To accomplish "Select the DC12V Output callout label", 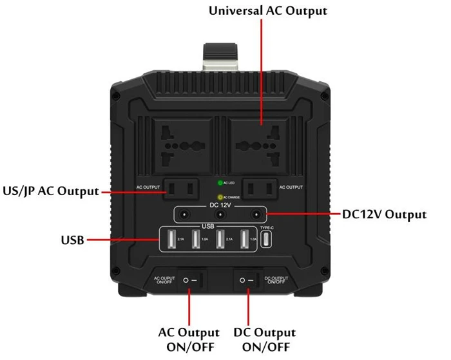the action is tap(384, 214).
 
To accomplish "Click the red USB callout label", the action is tap(72, 240).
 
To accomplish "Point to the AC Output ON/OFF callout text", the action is tap(189, 339).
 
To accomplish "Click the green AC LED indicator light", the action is tap(220, 184).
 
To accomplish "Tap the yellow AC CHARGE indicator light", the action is tap(220, 197).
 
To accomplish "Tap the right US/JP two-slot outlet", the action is tap(262, 187).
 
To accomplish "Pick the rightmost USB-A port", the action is tap(245, 240).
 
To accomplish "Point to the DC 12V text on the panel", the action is tap(221, 205).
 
